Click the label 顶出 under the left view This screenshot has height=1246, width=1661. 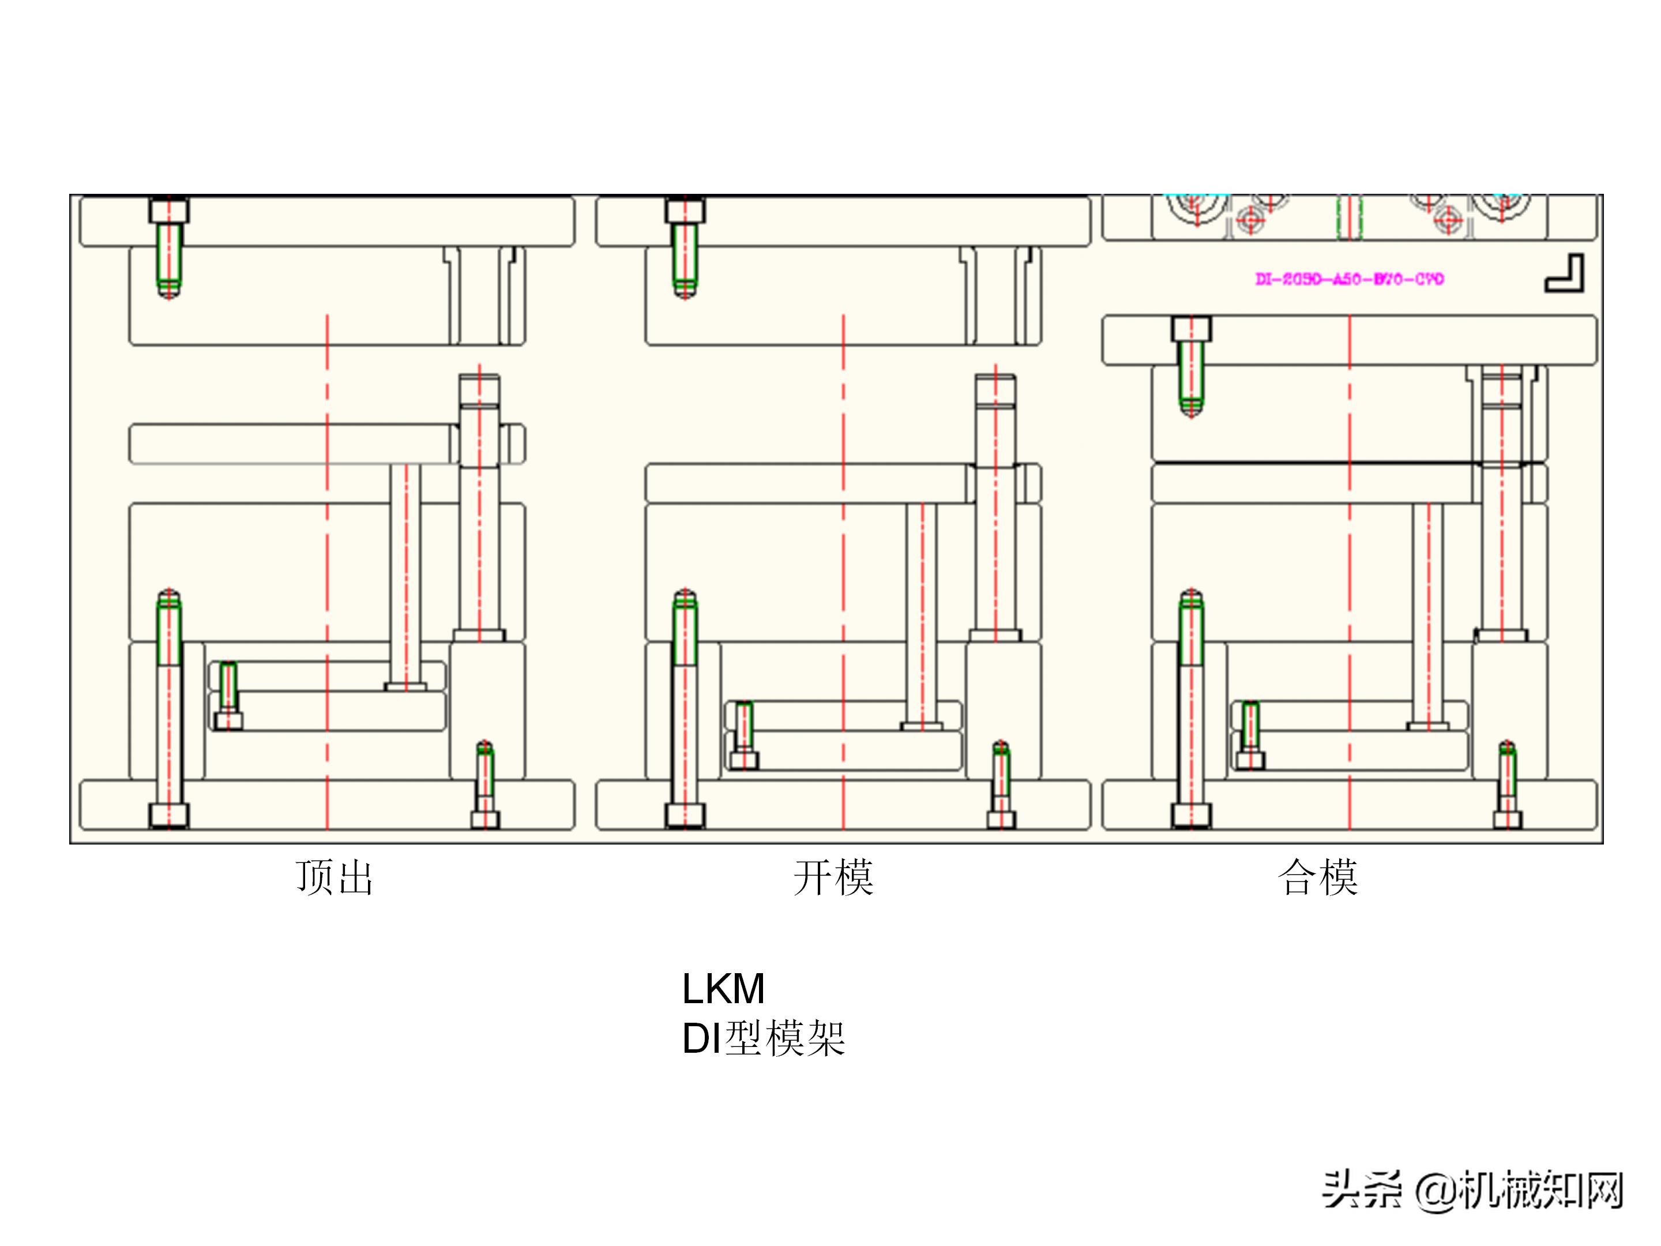[334, 877]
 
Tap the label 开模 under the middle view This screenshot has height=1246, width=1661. [833, 877]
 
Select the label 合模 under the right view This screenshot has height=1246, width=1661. [1317, 877]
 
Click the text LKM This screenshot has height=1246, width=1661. [723, 988]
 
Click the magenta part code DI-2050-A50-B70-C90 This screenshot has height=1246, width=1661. [1350, 279]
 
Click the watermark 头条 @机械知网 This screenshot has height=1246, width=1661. [1472, 1191]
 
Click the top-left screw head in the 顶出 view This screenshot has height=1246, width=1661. [169, 211]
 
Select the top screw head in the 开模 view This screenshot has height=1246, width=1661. [685, 211]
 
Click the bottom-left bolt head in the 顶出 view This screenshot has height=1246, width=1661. [169, 815]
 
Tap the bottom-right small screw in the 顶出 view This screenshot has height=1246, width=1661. [485, 785]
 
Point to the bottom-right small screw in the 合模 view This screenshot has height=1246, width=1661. [1507, 785]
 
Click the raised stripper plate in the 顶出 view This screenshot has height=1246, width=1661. [293, 444]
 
